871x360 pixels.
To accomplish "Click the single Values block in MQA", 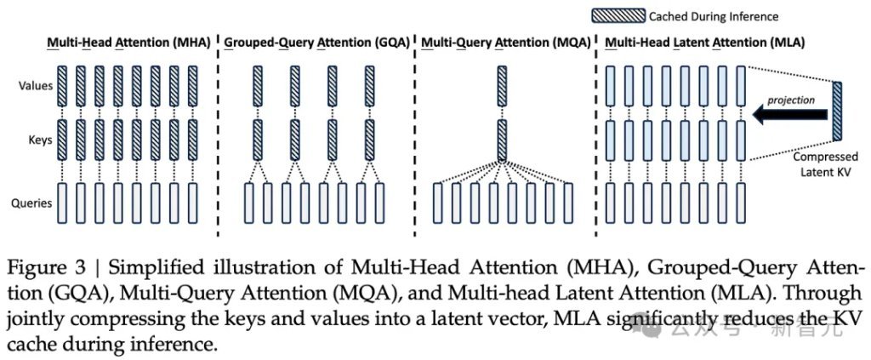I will (501, 85).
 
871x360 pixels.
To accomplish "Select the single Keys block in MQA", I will (501, 140).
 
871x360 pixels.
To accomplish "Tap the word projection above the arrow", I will (790, 100).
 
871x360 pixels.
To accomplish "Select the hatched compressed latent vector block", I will (838, 111).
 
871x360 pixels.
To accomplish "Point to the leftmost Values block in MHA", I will (62, 85).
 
